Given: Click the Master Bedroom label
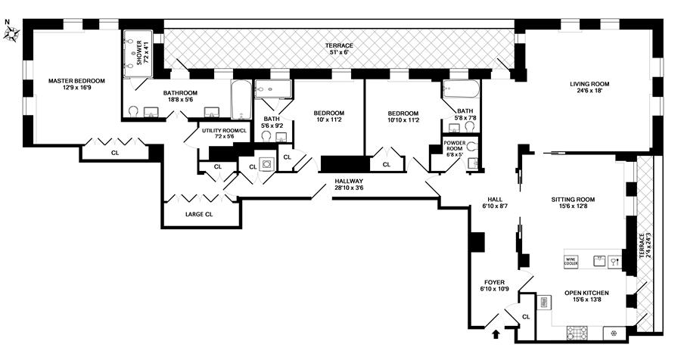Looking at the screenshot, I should tap(76, 80).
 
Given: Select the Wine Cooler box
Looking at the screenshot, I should tap(571, 260).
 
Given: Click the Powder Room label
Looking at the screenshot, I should tap(454, 144).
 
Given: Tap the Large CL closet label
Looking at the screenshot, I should tap(199, 215).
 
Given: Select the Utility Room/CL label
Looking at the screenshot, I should tap(224, 131).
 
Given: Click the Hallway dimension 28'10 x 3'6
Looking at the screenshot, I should tap(350, 189).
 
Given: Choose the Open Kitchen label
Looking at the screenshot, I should tap(586, 293).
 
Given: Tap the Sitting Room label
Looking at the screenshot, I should tap(573, 200).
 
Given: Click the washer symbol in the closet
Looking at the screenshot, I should tap(266, 163).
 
